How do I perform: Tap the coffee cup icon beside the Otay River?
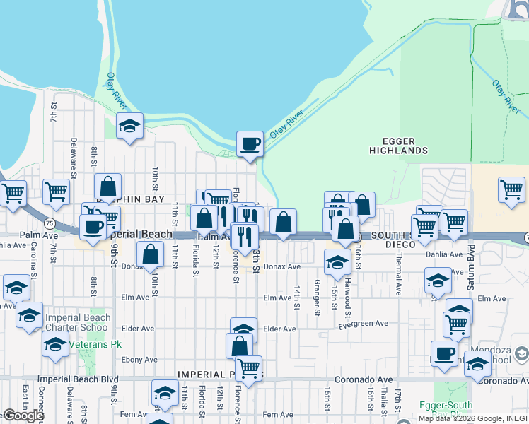[250, 144]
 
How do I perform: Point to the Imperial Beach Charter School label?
[78, 322]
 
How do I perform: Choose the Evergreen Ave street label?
[363, 324]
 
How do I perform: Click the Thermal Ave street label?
[399, 276]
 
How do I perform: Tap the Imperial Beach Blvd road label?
[79, 379]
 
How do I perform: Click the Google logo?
[23, 416]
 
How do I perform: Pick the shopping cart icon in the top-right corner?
[511, 189]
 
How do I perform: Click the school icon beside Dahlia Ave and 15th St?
[337, 262]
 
